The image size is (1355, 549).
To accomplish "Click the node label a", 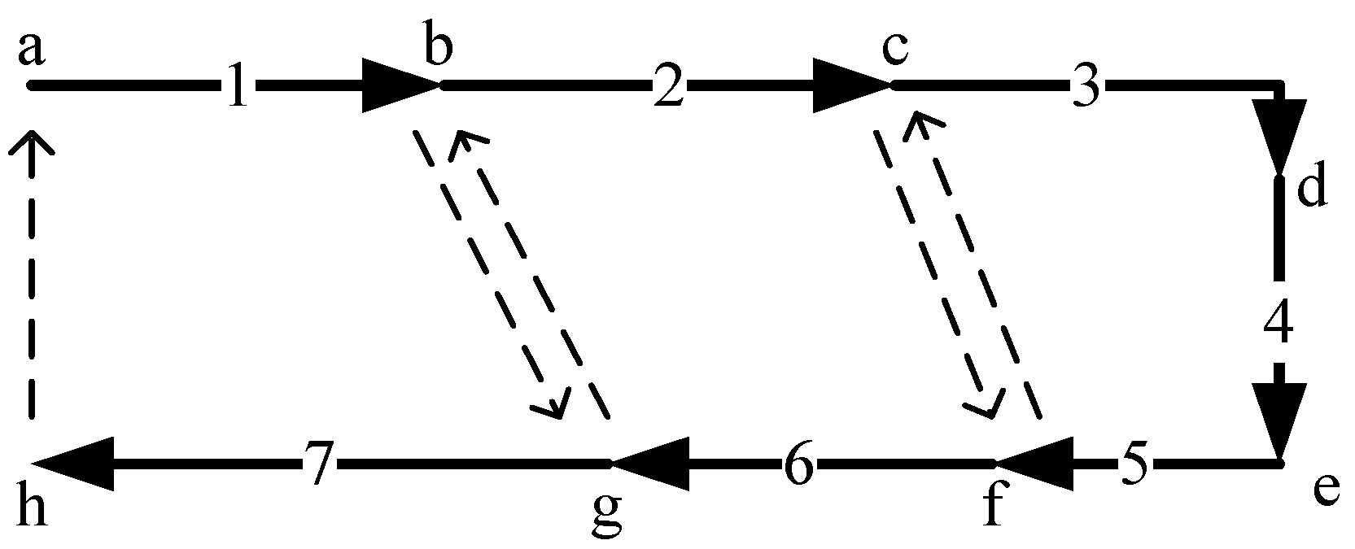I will (x=30, y=50).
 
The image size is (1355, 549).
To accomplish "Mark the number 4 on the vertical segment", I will (x=1278, y=324).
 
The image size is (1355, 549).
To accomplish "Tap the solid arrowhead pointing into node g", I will (x=651, y=464).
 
